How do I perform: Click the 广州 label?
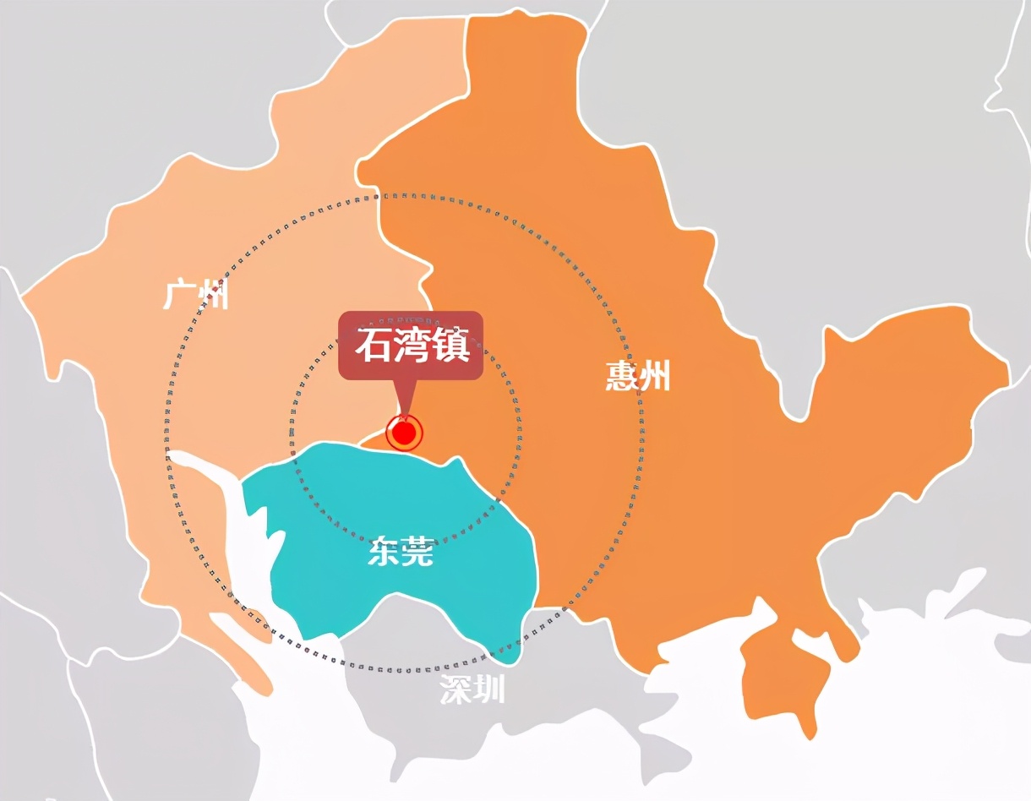(196, 296)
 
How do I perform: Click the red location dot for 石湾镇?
(405, 433)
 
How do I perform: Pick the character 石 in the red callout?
(372, 346)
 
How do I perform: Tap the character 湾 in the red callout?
(411, 346)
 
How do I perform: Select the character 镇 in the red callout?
(450, 346)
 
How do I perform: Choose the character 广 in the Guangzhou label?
(180, 296)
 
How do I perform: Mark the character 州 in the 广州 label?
(213, 296)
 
